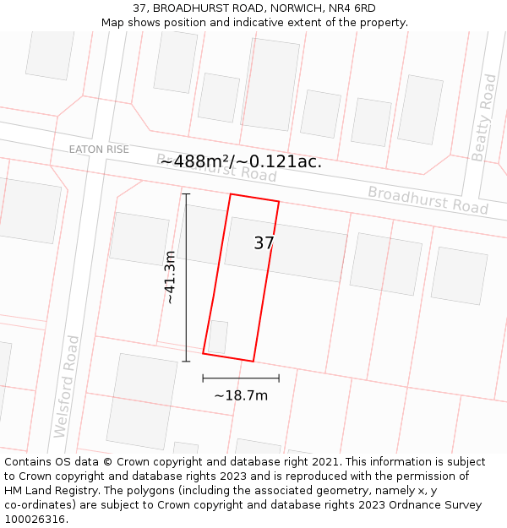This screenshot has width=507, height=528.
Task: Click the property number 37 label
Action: pyautogui.click(x=264, y=243)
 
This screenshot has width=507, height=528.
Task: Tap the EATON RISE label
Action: pyautogui.click(x=99, y=150)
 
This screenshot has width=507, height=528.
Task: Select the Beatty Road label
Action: pyautogui.click(x=484, y=117)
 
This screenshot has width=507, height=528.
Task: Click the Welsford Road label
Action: pyautogui.click(x=66, y=386)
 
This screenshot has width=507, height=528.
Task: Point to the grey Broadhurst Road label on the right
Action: pyautogui.click(x=428, y=199)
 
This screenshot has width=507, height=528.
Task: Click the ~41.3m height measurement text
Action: pyautogui.click(x=170, y=277)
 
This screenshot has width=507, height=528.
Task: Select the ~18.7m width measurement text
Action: pyautogui.click(x=241, y=395)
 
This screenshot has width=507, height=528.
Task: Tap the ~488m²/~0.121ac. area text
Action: pyautogui.click(x=241, y=161)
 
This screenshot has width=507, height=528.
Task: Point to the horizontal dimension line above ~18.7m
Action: pyautogui.click(x=241, y=378)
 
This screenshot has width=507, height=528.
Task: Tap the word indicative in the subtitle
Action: pyautogui.click(x=266, y=22)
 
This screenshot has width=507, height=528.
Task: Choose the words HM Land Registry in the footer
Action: pyautogui.click(x=46, y=490)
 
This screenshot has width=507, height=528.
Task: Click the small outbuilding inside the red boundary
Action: pyautogui.click(x=217, y=336)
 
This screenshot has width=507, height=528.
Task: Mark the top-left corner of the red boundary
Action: pyautogui.click(x=231, y=194)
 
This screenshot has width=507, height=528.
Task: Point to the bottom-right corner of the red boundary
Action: pyautogui.click(x=253, y=361)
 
